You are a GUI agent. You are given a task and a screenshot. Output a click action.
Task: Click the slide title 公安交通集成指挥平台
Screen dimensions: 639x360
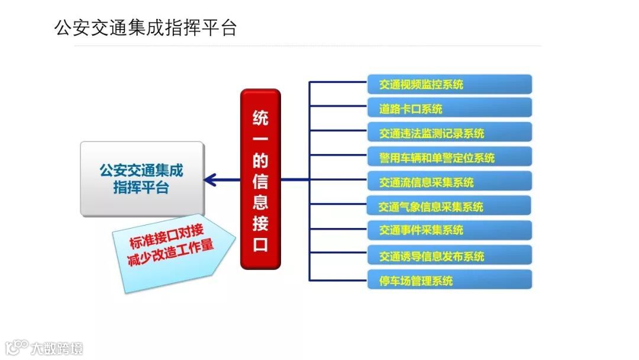(146, 28)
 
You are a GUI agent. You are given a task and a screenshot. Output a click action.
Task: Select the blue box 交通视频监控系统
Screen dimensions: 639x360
(450, 84)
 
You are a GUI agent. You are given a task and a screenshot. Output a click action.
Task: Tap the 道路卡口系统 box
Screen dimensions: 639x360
(450, 108)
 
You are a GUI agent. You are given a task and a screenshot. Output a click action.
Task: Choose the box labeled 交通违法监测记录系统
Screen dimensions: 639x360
(450, 133)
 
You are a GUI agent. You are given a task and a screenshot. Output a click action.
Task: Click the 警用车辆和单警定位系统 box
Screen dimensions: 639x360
(450, 157)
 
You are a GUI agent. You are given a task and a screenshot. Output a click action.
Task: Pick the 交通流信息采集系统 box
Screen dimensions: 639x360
(450, 182)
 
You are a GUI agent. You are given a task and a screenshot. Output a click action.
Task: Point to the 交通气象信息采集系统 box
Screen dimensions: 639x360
(450, 206)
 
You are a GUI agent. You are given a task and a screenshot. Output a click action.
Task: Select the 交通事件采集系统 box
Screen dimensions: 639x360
(450, 230)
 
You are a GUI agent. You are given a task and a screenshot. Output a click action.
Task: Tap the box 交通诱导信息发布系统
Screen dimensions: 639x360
(450, 255)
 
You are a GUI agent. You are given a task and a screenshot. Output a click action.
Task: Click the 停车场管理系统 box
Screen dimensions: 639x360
(450, 279)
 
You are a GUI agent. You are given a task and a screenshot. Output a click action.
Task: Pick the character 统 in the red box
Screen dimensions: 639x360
(260, 117)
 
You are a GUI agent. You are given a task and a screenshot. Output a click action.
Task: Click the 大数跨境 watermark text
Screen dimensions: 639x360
(57, 348)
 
